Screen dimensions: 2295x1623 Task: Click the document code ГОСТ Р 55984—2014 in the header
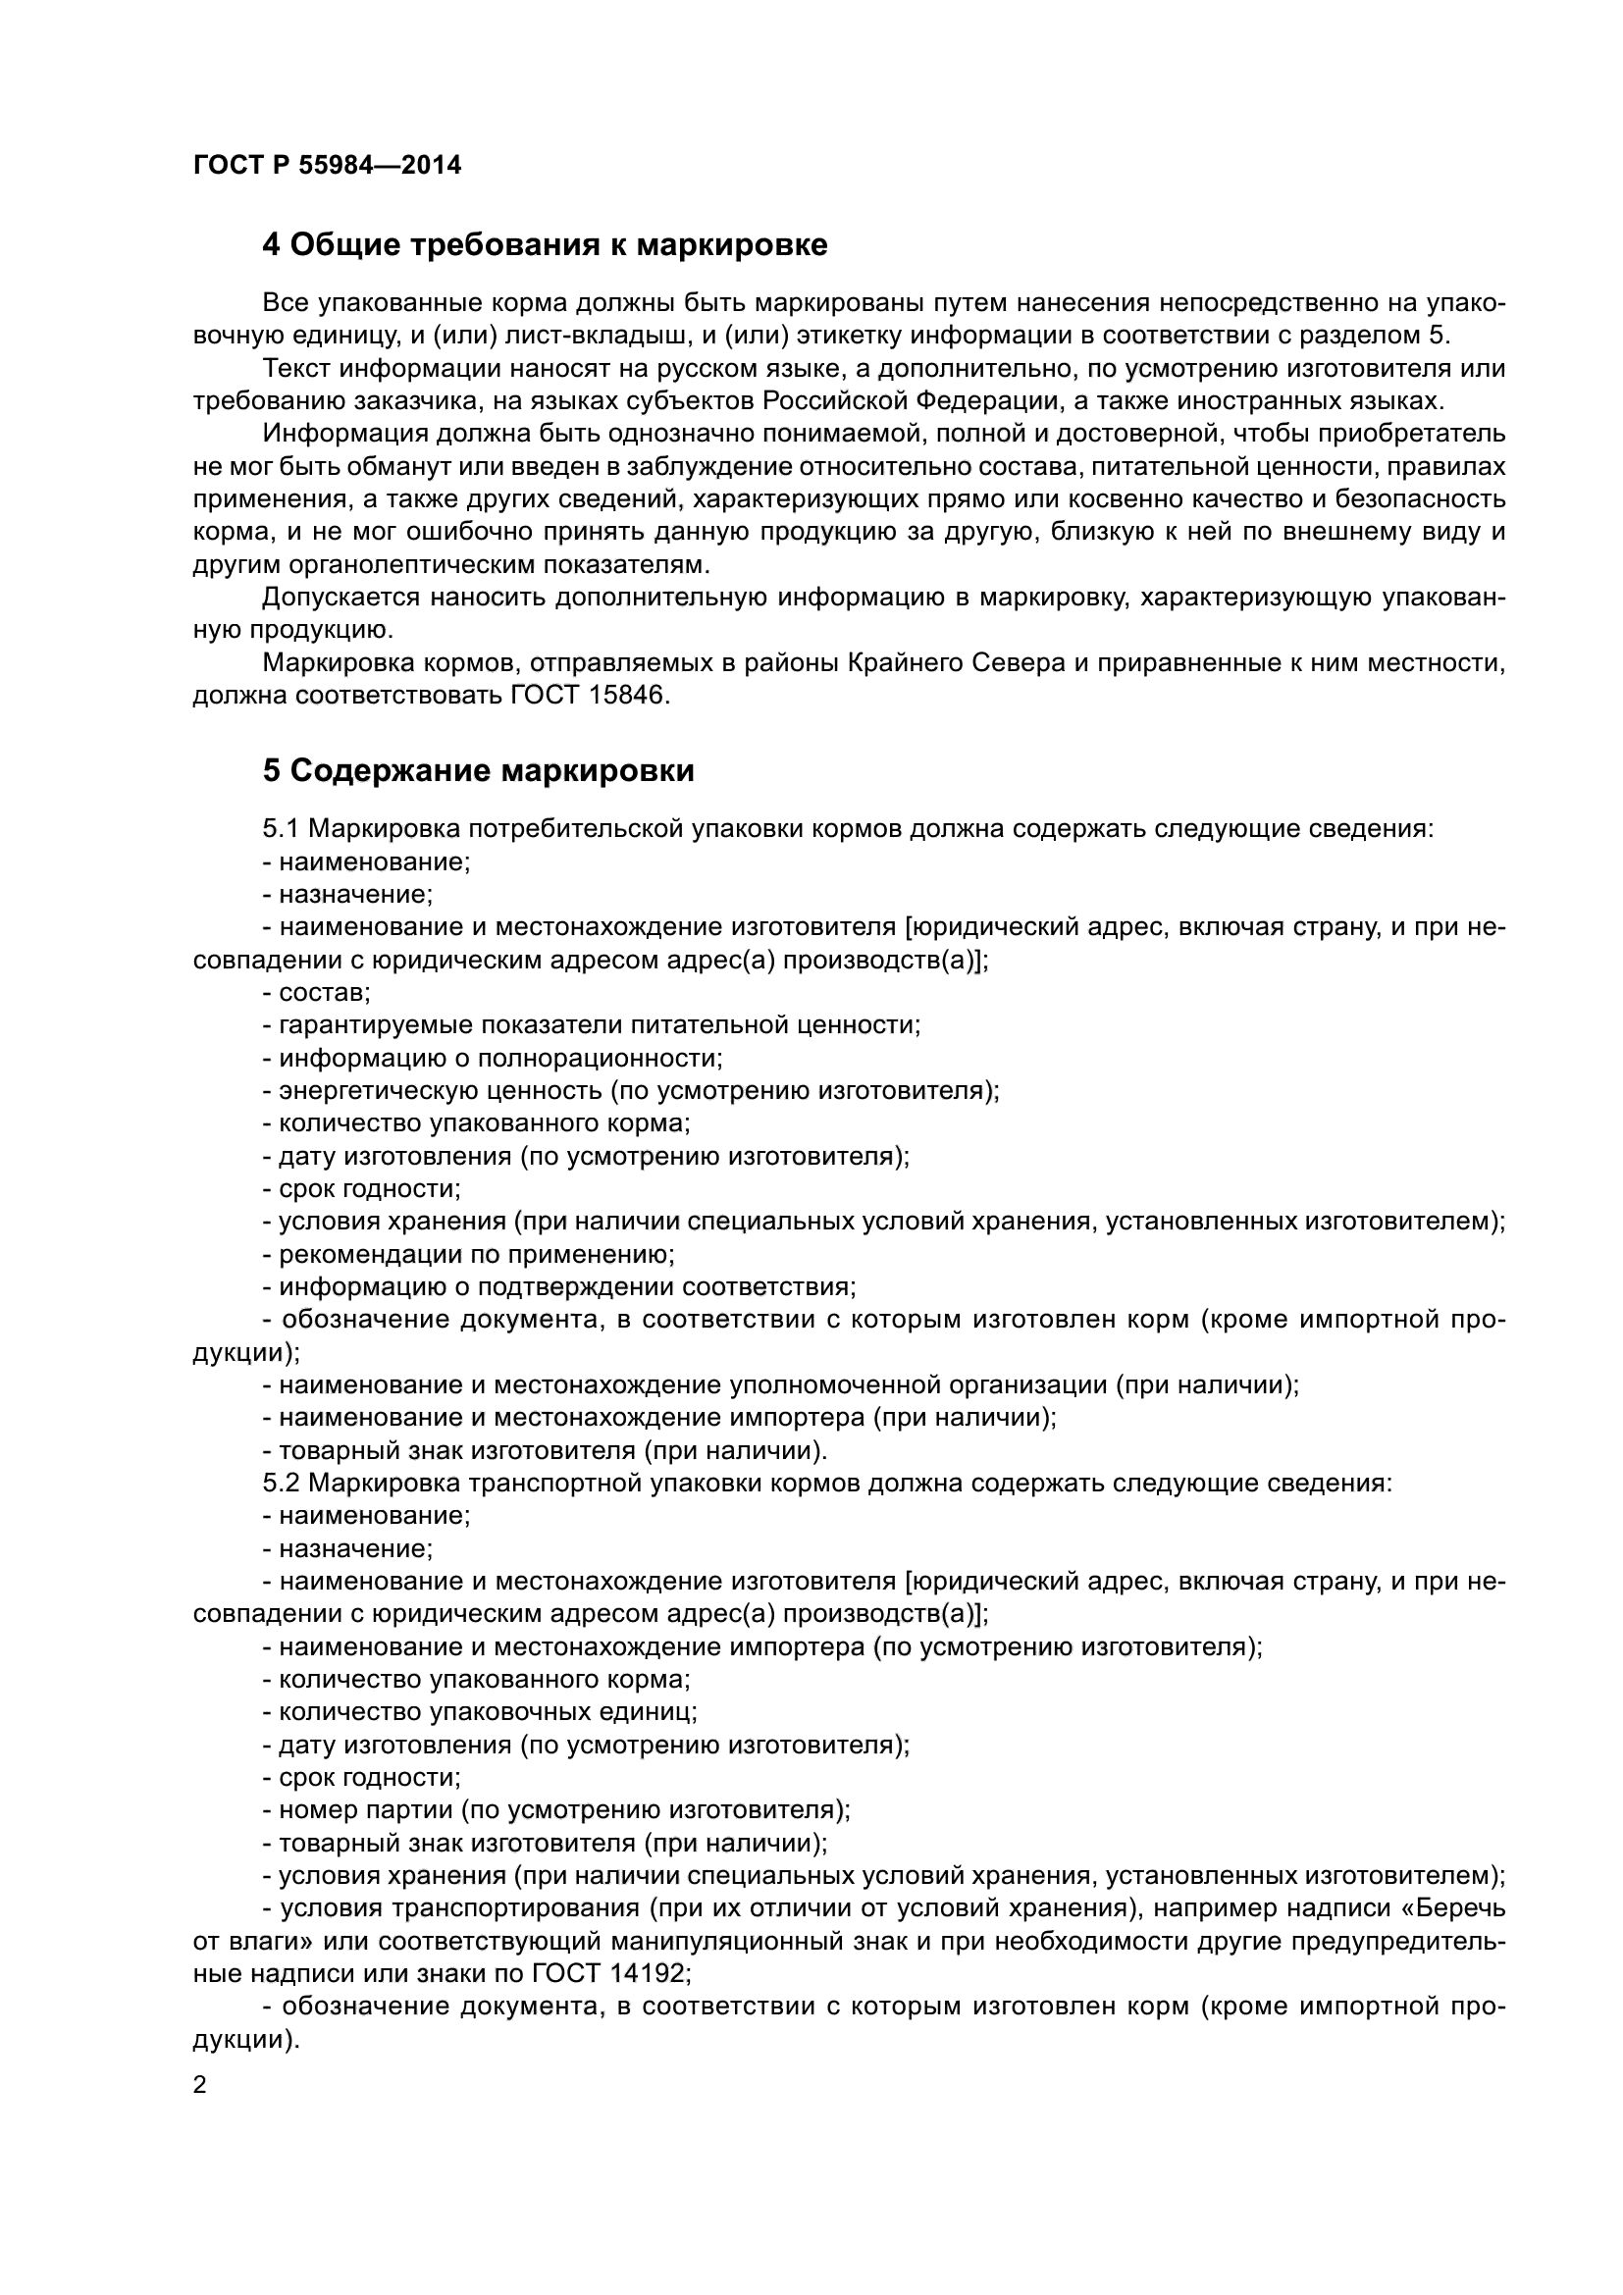coord(327,166)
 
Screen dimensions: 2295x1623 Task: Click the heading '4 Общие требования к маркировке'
coord(545,245)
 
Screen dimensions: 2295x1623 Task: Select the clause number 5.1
coord(280,829)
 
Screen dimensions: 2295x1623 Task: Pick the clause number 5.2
coord(280,1483)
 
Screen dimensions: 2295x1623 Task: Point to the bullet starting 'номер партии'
coord(554,1809)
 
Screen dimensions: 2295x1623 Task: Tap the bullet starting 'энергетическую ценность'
coord(638,1090)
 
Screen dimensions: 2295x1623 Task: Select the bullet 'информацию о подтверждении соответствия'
coord(566,1286)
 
